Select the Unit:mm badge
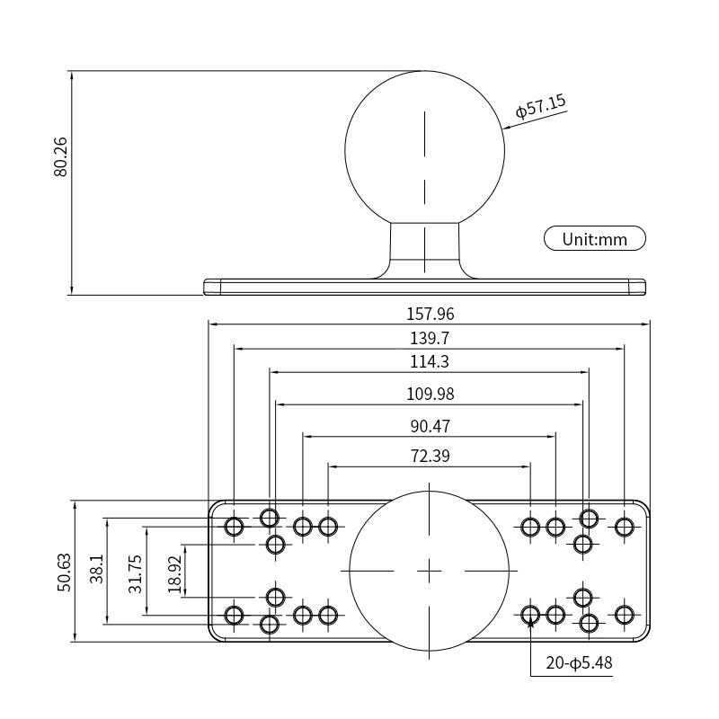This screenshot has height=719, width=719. [595, 239]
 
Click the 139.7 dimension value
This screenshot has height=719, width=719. [430, 339]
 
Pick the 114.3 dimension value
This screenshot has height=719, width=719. [430, 362]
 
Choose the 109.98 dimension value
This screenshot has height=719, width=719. [430, 395]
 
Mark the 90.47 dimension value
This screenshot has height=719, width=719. [430, 426]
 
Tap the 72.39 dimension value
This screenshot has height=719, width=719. [430, 456]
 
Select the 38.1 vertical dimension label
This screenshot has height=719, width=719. [96, 570]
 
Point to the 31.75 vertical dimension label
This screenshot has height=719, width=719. [134, 573]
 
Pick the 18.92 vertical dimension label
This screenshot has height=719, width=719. [174, 572]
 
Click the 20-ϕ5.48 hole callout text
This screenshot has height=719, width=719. [578, 664]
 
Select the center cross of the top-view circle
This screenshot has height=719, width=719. [430, 571]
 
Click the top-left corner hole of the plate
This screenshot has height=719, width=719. [234, 527]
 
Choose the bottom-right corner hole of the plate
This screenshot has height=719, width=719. [624, 615]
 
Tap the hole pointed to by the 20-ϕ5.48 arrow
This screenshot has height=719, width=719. [530, 615]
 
